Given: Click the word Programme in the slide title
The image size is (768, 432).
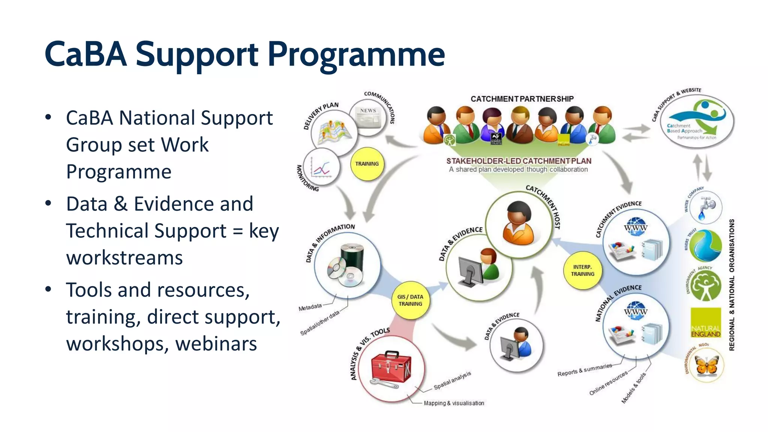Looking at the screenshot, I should [356, 55].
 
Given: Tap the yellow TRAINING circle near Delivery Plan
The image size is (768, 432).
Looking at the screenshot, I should [367, 164].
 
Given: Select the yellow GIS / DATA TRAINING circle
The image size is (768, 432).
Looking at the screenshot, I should [411, 300].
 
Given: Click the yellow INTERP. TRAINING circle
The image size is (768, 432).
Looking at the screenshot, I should [582, 270].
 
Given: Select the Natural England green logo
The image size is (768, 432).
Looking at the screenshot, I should [706, 323].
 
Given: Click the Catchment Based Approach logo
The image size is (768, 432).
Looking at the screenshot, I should [696, 120].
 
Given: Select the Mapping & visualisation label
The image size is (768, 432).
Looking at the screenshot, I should [454, 403].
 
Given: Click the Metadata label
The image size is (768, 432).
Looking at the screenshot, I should [310, 307].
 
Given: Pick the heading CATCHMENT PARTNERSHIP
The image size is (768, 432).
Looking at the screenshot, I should [522, 99].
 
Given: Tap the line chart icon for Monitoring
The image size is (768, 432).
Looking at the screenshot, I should [321, 167].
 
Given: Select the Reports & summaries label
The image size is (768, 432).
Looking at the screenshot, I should [584, 370].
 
